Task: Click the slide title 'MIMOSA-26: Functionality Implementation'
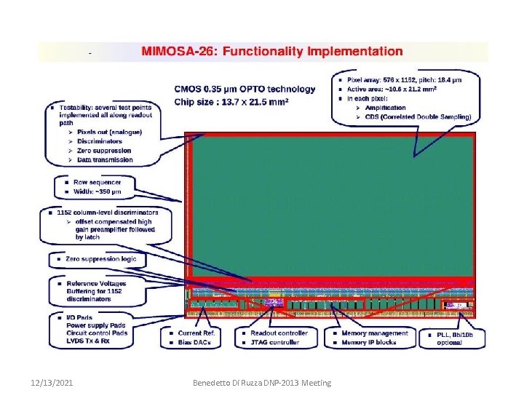(271, 52)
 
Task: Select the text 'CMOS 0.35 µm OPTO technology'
(245, 90)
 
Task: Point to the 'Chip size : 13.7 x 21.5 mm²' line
(231, 102)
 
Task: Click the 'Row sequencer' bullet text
(94, 182)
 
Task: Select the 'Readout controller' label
(279, 333)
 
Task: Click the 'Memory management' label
(375, 333)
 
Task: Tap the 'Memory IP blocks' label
(369, 342)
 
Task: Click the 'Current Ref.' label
(196, 333)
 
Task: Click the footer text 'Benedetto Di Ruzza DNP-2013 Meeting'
(261, 382)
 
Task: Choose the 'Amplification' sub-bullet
(387, 108)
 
